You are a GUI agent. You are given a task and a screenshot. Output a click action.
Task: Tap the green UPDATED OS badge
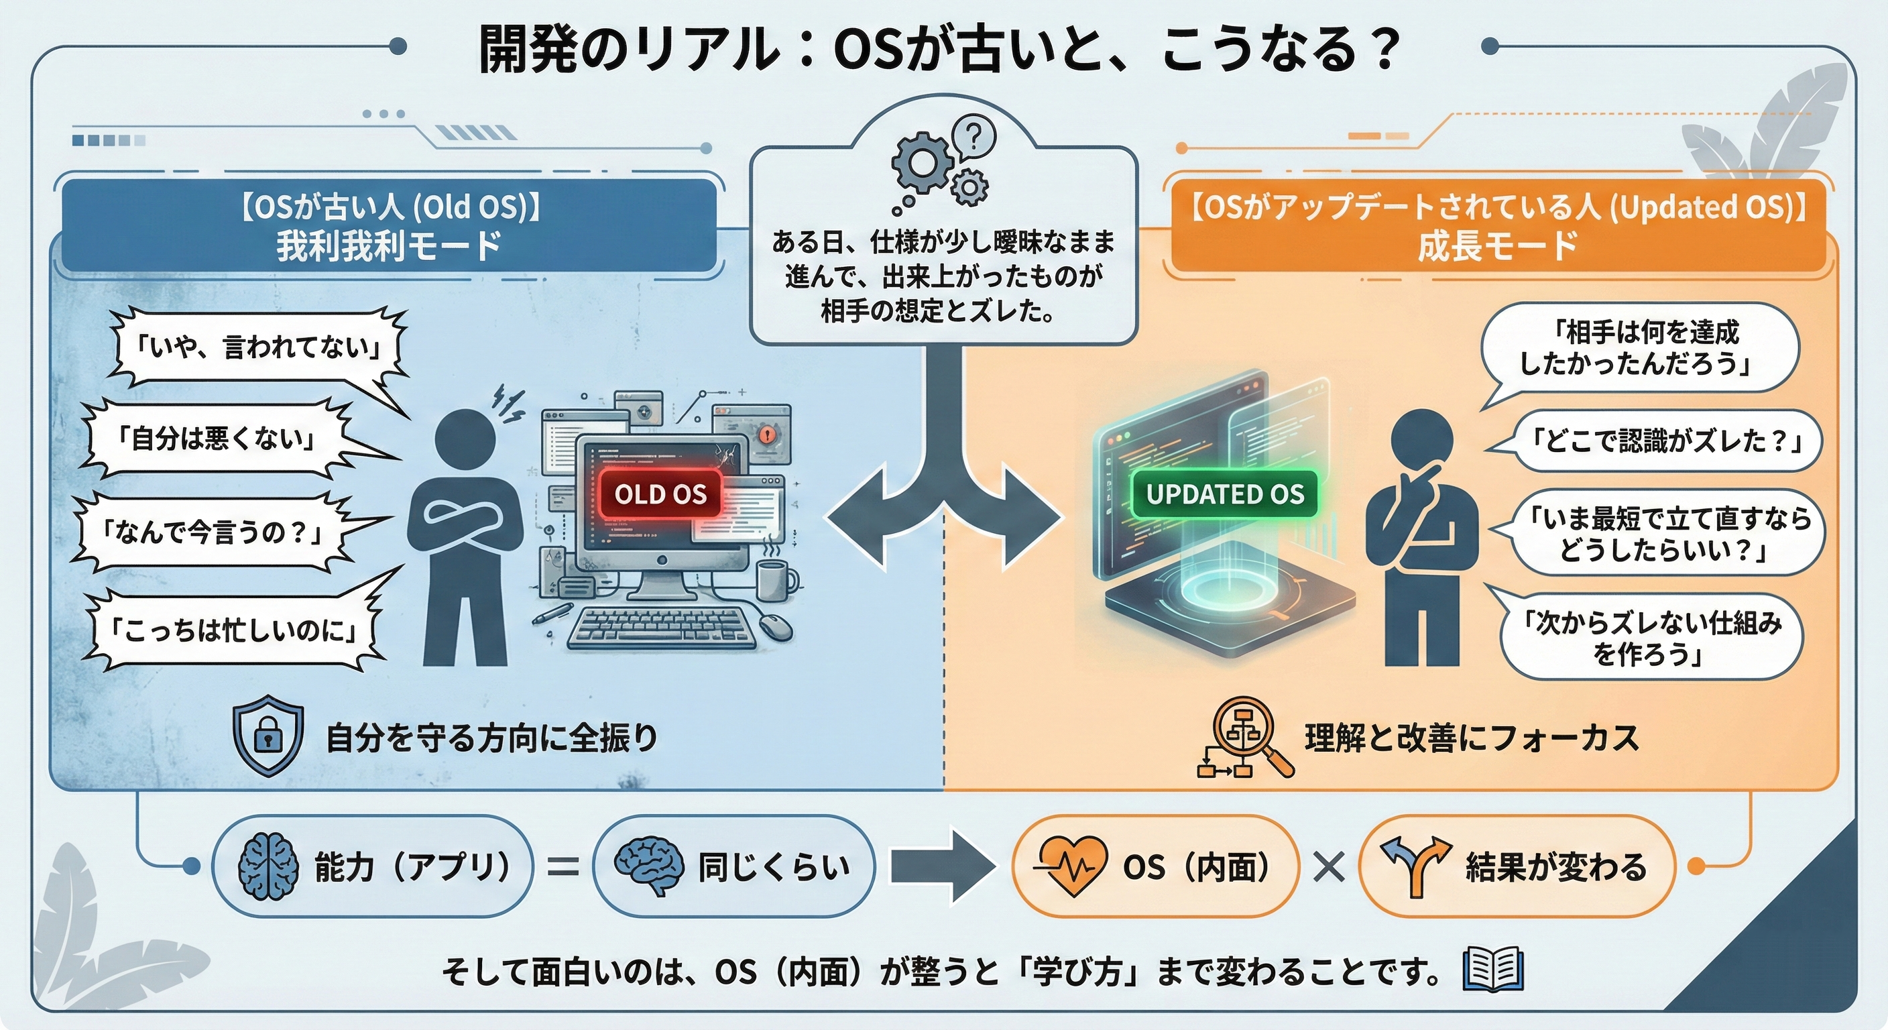point(1225,494)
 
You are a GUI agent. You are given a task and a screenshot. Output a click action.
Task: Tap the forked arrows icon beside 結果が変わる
point(1415,866)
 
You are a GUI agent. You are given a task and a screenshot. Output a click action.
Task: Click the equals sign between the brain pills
point(563,867)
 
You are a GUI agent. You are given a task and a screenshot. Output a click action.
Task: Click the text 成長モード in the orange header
point(1498,245)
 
